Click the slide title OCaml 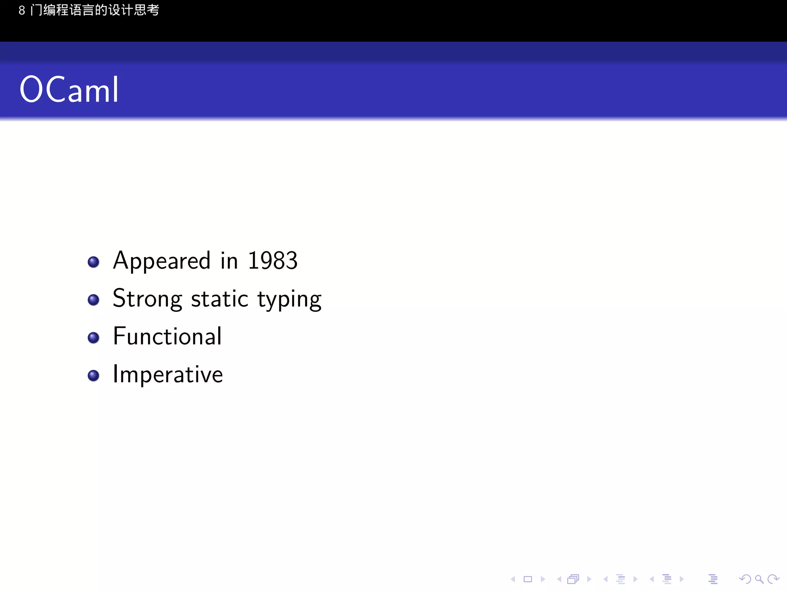click(69, 90)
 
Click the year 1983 click(272, 261)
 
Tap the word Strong click(147, 299)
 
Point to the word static click(219, 299)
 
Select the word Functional click(167, 336)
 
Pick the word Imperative click(168, 374)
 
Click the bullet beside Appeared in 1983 click(93, 262)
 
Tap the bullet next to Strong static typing click(93, 300)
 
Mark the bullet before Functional click(93, 337)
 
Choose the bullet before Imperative click(93, 375)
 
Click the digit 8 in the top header click(22, 10)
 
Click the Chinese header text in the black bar click(95, 10)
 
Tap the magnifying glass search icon click(759, 579)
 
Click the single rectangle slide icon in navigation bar click(528, 579)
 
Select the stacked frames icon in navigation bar click(573, 579)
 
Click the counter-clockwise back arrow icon click(745, 579)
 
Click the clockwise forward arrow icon click(773, 579)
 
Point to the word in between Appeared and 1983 click(229, 261)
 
